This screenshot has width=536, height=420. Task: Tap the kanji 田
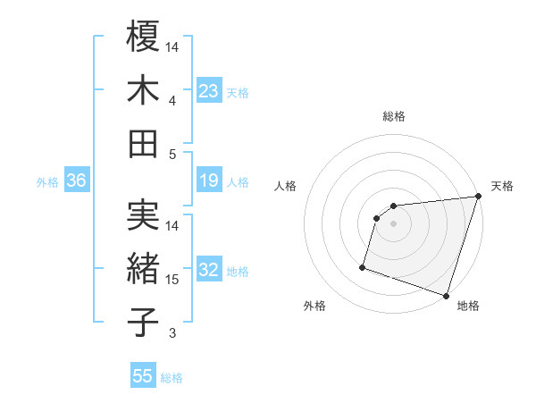[x=144, y=143]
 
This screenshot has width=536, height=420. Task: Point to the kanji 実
[x=144, y=215]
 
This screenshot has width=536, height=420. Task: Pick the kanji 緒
[x=144, y=269]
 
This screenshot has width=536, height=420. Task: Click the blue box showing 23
[x=209, y=90]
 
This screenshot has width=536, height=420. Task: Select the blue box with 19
[x=209, y=181]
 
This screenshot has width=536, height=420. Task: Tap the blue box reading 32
[x=209, y=271]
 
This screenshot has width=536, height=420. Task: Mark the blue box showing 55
[x=143, y=376]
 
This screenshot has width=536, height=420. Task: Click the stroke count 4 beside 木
[x=172, y=101]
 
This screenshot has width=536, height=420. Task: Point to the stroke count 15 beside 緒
[x=172, y=280]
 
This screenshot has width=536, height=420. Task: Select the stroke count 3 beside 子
[x=172, y=333]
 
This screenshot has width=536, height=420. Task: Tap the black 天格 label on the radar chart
[x=502, y=186]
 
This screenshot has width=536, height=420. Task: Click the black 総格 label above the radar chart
[x=393, y=116]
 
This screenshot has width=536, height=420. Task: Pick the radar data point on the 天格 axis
[x=478, y=197]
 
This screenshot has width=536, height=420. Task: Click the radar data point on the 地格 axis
[x=446, y=296]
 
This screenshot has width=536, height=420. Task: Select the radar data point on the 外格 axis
[x=363, y=266]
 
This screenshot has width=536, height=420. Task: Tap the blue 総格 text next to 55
[x=172, y=378]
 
